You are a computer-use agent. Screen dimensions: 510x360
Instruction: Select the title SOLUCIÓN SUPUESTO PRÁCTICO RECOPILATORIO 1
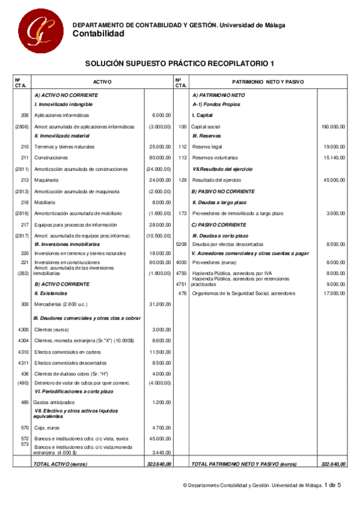coord(179,63)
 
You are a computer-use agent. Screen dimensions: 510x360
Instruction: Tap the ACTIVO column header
coord(102,82)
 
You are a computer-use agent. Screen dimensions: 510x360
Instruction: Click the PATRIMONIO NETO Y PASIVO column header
coord(268,82)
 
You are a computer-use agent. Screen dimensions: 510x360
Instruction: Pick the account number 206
coord(25,115)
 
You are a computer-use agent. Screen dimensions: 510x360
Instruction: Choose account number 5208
coord(181,245)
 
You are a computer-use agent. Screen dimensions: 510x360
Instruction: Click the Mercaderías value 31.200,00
coord(161,304)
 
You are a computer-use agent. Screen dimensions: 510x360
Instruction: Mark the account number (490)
coord(23,383)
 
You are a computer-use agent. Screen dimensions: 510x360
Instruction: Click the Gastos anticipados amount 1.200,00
coord(162,402)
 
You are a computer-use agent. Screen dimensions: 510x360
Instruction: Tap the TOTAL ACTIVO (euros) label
coord(61,464)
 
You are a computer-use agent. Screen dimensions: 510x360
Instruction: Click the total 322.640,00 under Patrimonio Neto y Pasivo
coord(333,464)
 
